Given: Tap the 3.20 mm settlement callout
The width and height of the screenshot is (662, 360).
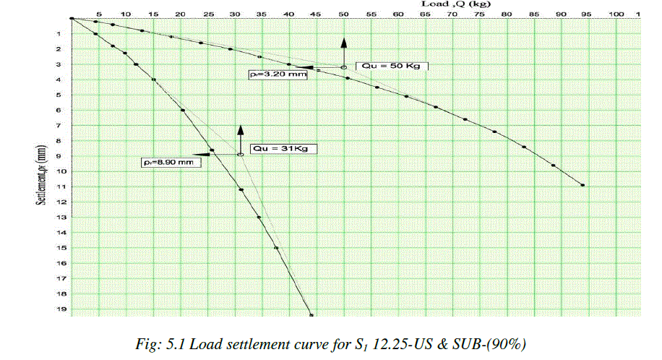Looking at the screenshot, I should tap(277, 73).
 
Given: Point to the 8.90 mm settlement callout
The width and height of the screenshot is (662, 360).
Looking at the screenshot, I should tap(171, 163).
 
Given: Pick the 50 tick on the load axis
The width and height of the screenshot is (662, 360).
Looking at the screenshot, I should tap(344, 14).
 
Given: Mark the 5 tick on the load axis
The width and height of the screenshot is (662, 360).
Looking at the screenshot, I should tap(98, 14).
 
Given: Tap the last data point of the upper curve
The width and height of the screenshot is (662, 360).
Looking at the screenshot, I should tap(583, 185).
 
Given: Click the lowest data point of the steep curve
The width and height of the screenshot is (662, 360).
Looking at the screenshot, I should tap(311, 315).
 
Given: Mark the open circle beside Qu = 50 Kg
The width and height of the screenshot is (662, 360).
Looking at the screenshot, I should tap(344, 67).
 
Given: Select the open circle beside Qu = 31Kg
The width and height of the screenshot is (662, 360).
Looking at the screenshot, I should tap(241, 154).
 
